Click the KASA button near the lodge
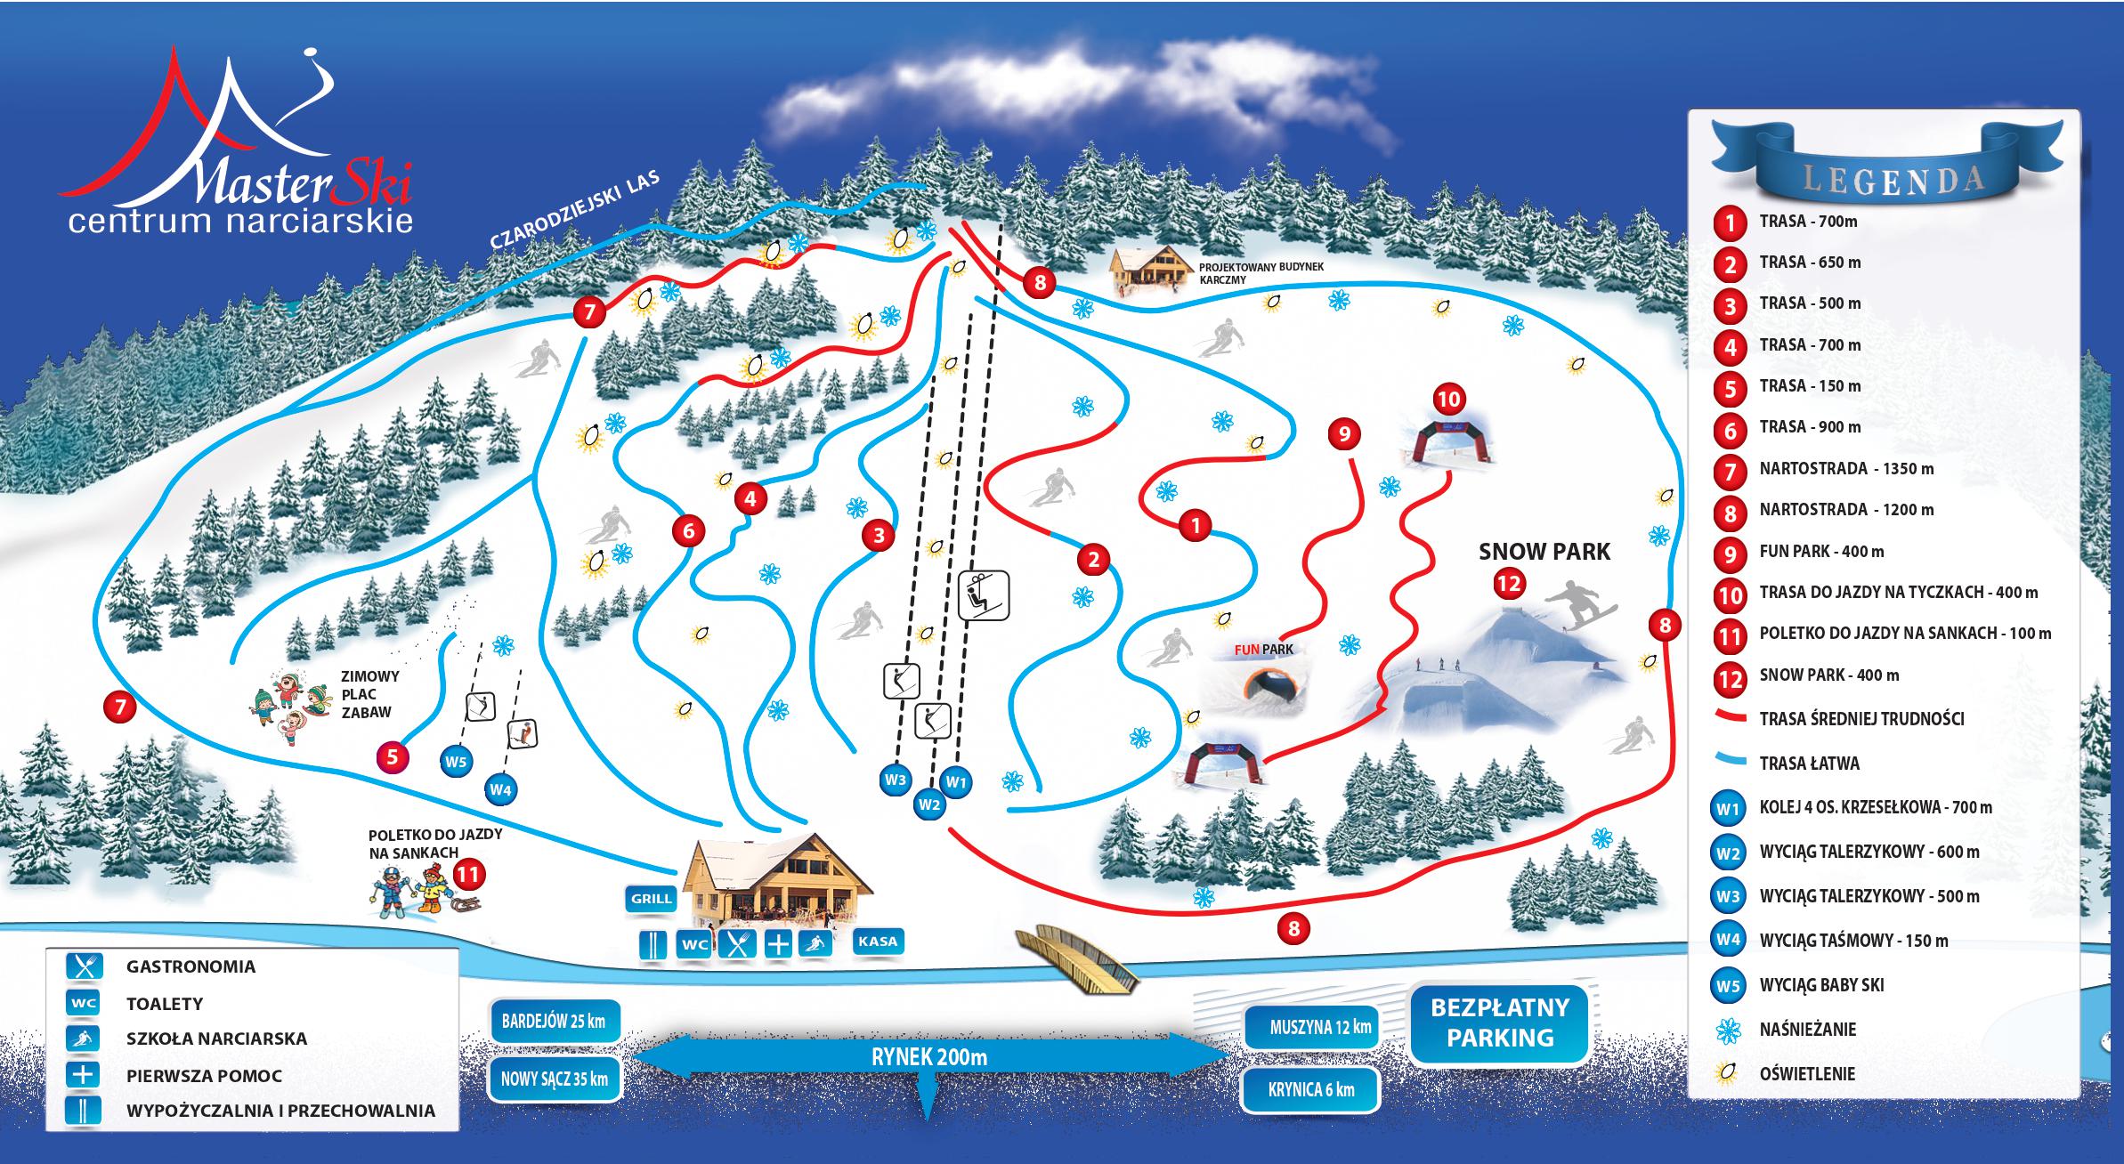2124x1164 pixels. pyautogui.click(x=877, y=942)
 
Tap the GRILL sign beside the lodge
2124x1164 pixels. pyautogui.click(x=651, y=898)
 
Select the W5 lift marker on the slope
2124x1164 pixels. pyautogui.click(x=457, y=761)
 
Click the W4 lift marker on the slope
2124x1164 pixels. pyautogui.click(x=501, y=788)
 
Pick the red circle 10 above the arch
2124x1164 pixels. pyautogui.click(x=1449, y=400)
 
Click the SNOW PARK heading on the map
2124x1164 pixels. pyautogui.click(x=1544, y=552)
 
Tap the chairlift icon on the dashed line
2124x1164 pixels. pyautogui.click(x=985, y=594)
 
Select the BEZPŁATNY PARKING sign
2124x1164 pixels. pyautogui.click(x=1500, y=1023)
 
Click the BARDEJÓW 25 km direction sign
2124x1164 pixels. pyautogui.click(x=554, y=1021)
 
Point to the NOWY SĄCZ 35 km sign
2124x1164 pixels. pyautogui.click(x=554, y=1079)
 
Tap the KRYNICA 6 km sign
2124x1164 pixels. pyautogui.click(x=1311, y=1089)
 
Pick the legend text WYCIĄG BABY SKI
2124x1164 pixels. pyautogui.click(x=1821, y=985)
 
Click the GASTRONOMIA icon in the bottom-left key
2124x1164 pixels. pyautogui.click(x=84, y=966)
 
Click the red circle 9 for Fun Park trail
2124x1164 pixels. pyautogui.click(x=1344, y=434)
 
